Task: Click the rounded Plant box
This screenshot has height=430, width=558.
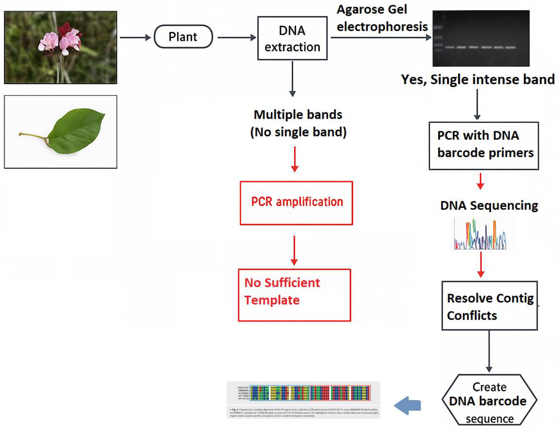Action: click(x=183, y=36)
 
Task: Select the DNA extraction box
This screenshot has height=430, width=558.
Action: click(x=292, y=38)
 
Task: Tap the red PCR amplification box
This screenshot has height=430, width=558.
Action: click(x=296, y=203)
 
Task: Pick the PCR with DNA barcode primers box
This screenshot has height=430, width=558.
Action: click(x=484, y=146)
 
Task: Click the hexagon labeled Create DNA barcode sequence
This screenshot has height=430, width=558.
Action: click(x=489, y=400)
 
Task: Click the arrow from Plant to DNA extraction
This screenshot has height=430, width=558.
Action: click(x=237, y=38)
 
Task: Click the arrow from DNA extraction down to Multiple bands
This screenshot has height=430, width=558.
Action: click(x=293, y=78)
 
